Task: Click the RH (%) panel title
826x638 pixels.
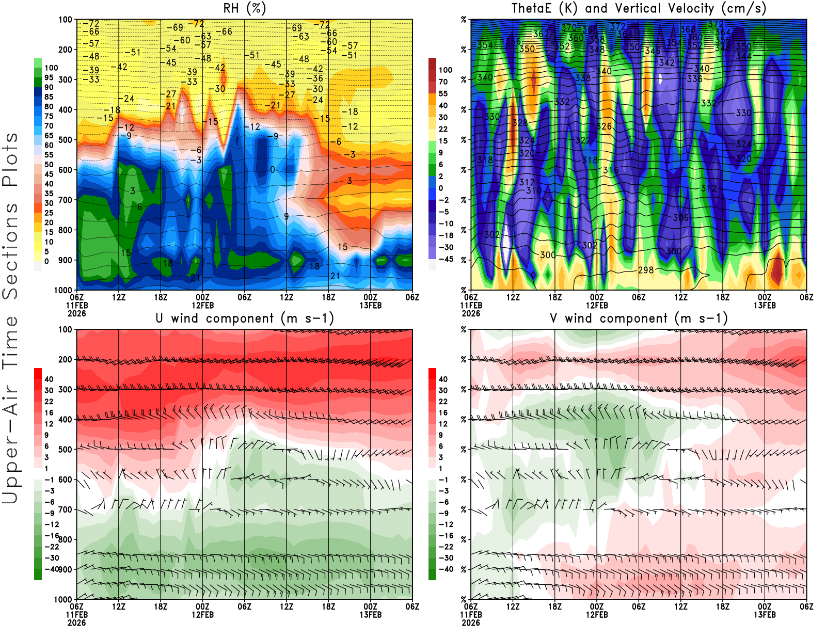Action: (x=244, y=9)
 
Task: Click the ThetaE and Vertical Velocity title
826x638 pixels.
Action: (x=639, y=9)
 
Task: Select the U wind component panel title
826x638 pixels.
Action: (x=244, y=318)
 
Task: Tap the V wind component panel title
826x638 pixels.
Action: (x=639, y=318)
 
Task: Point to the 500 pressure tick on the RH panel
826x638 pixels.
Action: (x=65, y=140)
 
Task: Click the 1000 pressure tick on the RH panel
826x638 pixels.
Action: (x=63, y=290)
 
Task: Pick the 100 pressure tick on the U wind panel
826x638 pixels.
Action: (x=65, y=329)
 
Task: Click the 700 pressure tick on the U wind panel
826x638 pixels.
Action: (x=65, y=509)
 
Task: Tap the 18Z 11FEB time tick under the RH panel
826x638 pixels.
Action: (x=161, y=297)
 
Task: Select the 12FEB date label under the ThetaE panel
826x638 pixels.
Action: (x=597, y=305)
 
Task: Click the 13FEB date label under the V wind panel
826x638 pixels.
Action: (x=765, y=615)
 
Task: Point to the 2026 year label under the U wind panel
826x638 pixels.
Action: (x=76, y=623)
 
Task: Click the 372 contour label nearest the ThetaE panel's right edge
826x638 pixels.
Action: (x=716, y=24)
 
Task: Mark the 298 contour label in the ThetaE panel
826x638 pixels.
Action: (x=646, y=270)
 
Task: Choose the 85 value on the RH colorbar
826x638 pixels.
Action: (x=49, y=97)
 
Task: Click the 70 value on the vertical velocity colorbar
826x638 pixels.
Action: (x=443, y=82)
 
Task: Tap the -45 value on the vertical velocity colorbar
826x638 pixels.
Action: (x=446, y=259)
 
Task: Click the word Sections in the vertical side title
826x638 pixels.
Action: (x=10, y=251)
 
